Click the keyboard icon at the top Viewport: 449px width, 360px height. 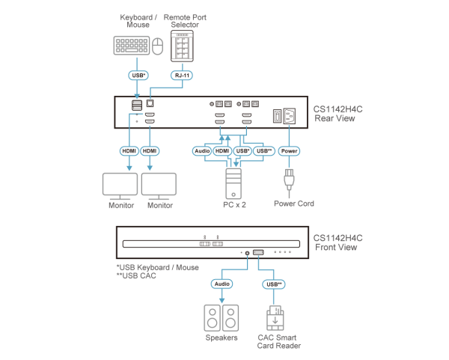(x=131, y=46)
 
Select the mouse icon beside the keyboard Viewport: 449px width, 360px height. (x=157, y=48)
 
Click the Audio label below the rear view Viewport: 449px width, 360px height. (x=201, y=150)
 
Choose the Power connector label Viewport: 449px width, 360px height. (x=288, y=150)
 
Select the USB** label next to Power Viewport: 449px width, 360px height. (x=263, y=150)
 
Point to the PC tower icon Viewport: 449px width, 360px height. (x=233, y=182)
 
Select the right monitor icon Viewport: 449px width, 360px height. (x=159, y=184)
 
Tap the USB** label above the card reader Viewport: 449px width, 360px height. (x=273, y=284)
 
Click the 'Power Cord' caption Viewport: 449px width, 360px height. (x=293, y=204)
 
